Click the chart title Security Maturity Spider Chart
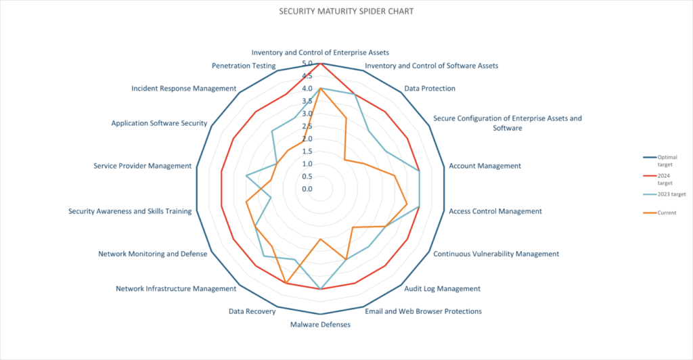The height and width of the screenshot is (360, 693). [346, 12]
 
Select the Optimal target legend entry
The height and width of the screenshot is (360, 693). [666, 160]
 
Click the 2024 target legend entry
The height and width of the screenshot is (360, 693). [666, 179]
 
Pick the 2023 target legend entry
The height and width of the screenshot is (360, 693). [667, 194]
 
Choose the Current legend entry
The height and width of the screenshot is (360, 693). [667, 212]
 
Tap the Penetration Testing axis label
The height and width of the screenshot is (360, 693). [243, 66]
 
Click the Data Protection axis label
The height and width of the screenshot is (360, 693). [429, 89]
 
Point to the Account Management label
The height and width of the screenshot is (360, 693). [485, 166]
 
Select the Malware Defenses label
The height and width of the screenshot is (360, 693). [320, 325]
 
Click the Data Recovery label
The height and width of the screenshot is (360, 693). [252, 311]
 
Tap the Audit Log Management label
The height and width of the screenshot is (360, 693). [442, 288]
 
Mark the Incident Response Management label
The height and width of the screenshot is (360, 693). [183, 89]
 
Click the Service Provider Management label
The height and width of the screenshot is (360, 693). [142, 166]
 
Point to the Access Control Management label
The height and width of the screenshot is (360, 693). [495, 211]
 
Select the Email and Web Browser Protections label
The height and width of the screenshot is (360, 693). [423, 311]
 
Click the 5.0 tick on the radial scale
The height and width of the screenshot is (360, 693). [307, 64]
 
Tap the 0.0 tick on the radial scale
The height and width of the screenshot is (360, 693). [307, 189]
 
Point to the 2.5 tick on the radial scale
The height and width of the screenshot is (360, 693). [307, 127]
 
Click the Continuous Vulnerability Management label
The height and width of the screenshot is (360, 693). [495, 254]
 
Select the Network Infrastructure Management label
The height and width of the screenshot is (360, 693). [176, 288]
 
